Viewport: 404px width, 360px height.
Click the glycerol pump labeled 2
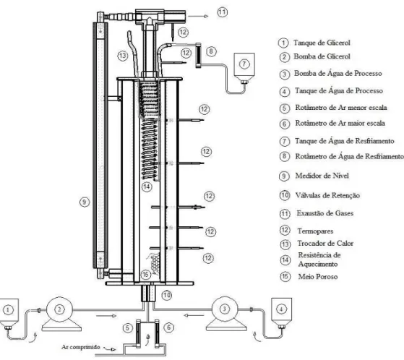click(61, 314)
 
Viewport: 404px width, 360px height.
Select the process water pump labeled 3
click(226, 314)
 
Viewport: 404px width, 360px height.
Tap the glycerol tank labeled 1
click(9, 314)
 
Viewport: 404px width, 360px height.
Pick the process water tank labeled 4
click(281, 313)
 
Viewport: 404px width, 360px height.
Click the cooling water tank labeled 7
click(244, 68)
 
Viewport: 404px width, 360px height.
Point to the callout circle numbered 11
click(222, 12)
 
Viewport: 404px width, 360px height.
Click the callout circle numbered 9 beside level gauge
click(85, 202)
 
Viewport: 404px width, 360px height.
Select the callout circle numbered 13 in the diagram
click(123, 56)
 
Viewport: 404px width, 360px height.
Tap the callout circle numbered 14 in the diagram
click(147, 187)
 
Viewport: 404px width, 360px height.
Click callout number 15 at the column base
click(145, 275)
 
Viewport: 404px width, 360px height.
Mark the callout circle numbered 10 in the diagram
click(167, 295)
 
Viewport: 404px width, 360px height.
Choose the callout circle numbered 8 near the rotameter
click(211, 51)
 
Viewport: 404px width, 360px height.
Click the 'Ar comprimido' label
click(81, 347)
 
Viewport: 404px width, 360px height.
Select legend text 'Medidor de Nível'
click(322, 176)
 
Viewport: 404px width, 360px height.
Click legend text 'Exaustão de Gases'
click(325, 213)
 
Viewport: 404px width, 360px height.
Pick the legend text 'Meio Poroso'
click(318, 277)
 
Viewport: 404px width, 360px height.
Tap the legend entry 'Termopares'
click(315, 231)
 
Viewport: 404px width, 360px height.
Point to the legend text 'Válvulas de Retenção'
click(327, 195)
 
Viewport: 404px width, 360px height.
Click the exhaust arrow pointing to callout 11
click(198, 16)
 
